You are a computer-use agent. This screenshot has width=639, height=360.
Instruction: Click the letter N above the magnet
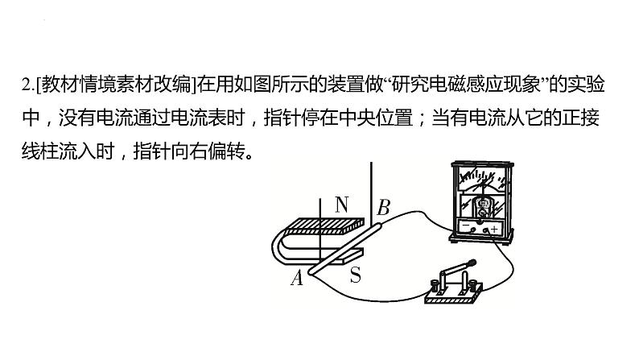pos(341,204)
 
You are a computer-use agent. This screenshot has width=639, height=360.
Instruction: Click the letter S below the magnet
pos(354,275)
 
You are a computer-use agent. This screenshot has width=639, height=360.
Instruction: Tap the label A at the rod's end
pos(296,278)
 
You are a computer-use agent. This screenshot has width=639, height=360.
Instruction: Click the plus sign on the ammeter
pos(493,230)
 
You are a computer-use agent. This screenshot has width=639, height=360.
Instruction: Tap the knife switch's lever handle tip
pos(474,262)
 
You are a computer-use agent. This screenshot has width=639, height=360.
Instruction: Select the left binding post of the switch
pos(439,283)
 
